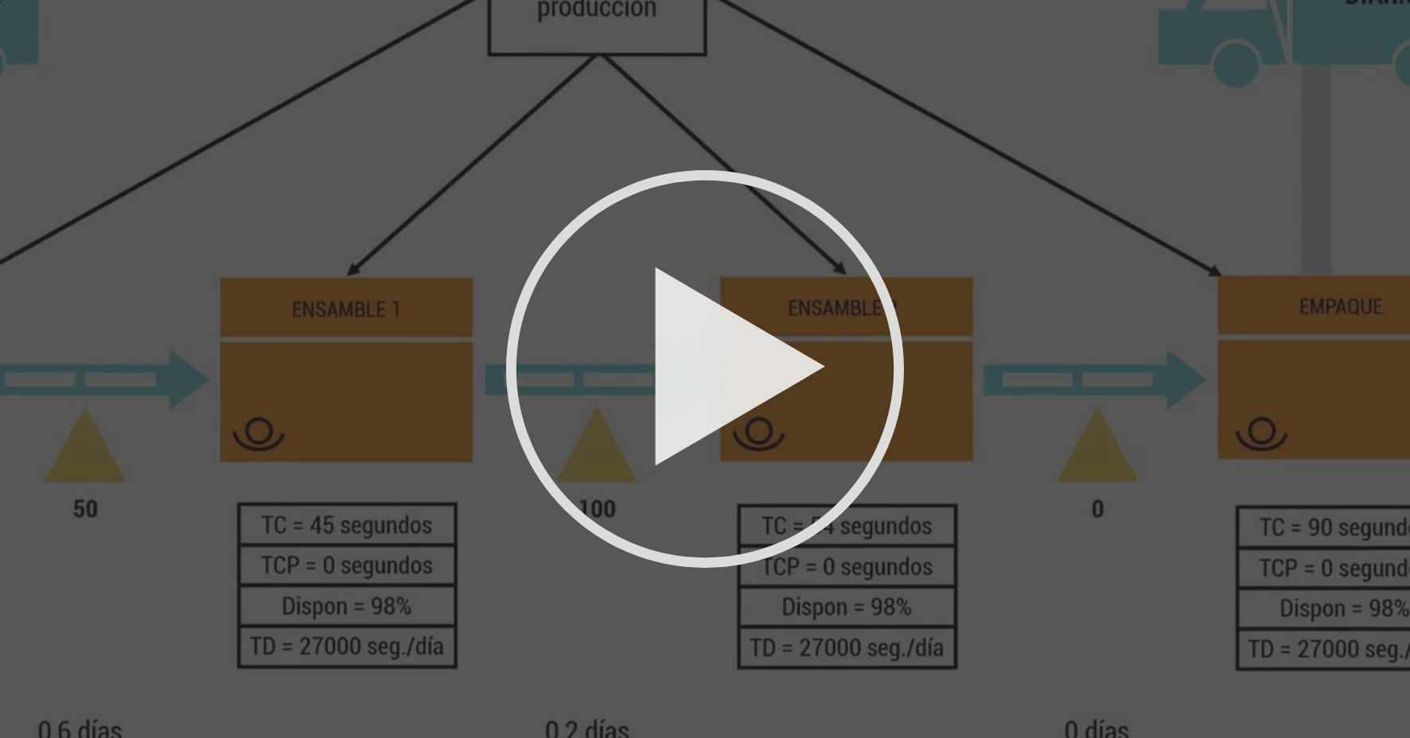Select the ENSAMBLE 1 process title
point(346,309)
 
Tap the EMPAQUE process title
point(1340,306)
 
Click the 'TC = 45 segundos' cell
point(347,525)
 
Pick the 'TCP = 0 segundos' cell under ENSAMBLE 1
point(347,565)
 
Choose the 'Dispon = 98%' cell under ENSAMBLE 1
point(347,606)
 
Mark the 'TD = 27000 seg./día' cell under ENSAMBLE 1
point(347,647)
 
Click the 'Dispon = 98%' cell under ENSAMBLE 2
point(847,607)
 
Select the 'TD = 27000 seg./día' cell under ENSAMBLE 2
point(847,647)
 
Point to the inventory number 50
point(85,509)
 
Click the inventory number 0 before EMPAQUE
point(1097,509)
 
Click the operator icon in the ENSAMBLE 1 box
point(259,434)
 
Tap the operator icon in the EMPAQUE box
point(1261,433)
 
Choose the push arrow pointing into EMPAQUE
point(1094,379)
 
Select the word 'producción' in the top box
point(597,10)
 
